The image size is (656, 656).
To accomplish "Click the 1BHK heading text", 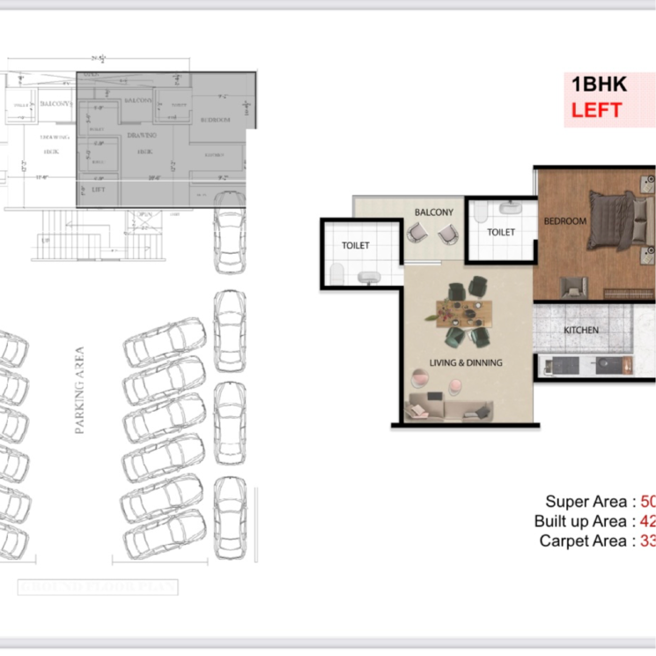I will pos(599,86).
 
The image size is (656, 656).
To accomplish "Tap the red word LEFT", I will pos(596,110).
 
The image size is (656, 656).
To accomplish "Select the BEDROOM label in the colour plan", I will pos(564,221).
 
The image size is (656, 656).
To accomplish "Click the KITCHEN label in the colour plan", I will pos(581,330).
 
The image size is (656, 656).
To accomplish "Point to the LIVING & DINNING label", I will pos(467,362).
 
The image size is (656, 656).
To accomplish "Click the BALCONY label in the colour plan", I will pos(434,212).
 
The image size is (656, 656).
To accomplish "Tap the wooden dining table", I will pos(464,310).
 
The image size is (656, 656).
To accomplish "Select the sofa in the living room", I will pos(448,409).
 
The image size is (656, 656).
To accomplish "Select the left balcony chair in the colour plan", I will pos(415,234).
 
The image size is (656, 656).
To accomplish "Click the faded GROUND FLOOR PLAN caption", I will pos(98,587).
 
